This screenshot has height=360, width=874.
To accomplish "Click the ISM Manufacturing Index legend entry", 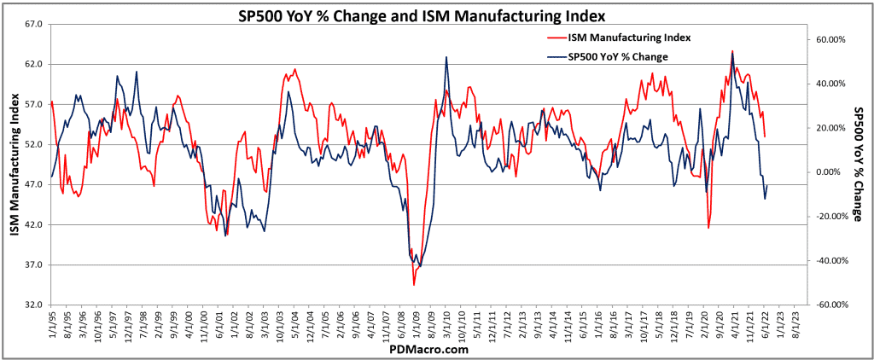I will click(x=630, y=38).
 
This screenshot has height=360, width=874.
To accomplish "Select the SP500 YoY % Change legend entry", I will click(x=617, y=57).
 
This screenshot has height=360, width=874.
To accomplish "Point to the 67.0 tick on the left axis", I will click(x=34, y=24).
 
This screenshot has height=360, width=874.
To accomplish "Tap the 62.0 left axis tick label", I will click(x=34, y=64).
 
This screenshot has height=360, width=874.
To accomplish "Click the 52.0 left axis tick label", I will click(x=34, y=144).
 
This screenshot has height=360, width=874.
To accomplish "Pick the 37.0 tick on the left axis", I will click(x=34, y=264).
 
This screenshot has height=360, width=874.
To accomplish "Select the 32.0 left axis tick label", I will click(x=34, y=305).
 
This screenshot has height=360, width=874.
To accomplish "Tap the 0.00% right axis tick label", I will click(x=832, y=172).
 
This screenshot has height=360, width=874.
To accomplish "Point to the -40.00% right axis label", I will click(x=830, y=261).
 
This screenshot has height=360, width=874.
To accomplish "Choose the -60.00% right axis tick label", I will click(x=830, y=305).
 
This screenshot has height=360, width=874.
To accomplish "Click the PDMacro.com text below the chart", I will click(x=428, y=349).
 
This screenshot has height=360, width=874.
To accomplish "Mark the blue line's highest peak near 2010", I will click(x=446, y=57).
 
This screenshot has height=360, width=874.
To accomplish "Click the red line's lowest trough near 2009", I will click(x=414, y=284).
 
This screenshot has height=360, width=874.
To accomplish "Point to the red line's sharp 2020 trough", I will click(x=708, y=228).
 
